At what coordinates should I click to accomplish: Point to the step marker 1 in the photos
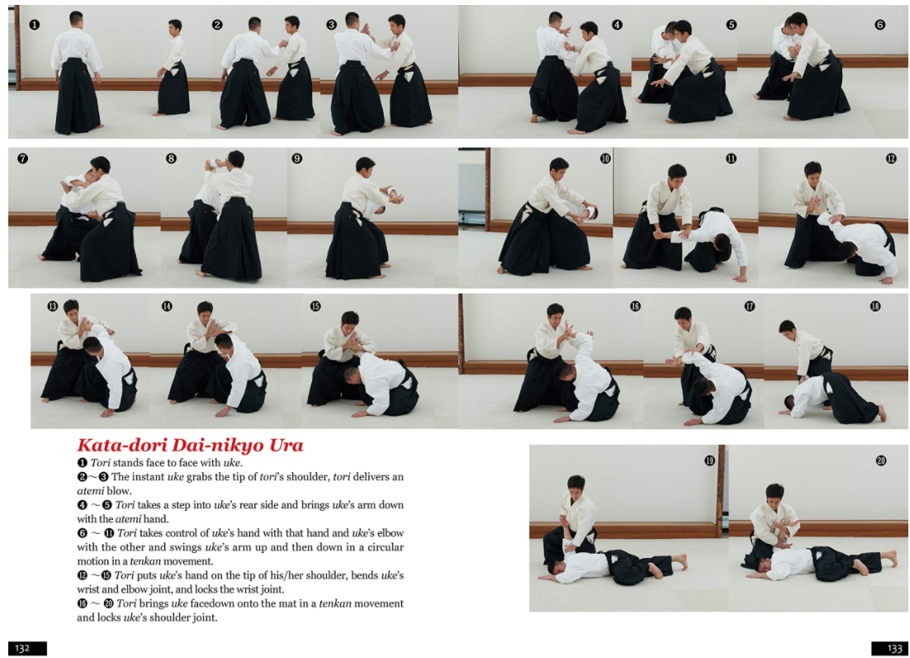point(34,25)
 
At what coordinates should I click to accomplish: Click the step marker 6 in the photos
point(879,25)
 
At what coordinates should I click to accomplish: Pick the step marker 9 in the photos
point(297,158)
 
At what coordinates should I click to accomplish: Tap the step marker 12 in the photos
point(891,158)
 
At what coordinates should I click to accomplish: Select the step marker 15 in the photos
point(315,307)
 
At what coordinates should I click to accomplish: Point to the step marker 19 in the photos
point(709,460)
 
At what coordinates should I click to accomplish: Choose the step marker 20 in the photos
point(880,460)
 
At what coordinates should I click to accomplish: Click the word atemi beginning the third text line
point(92,491)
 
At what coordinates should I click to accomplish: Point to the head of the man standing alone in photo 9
point(364,164)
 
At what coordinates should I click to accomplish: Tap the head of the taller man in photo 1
point(76,18)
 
